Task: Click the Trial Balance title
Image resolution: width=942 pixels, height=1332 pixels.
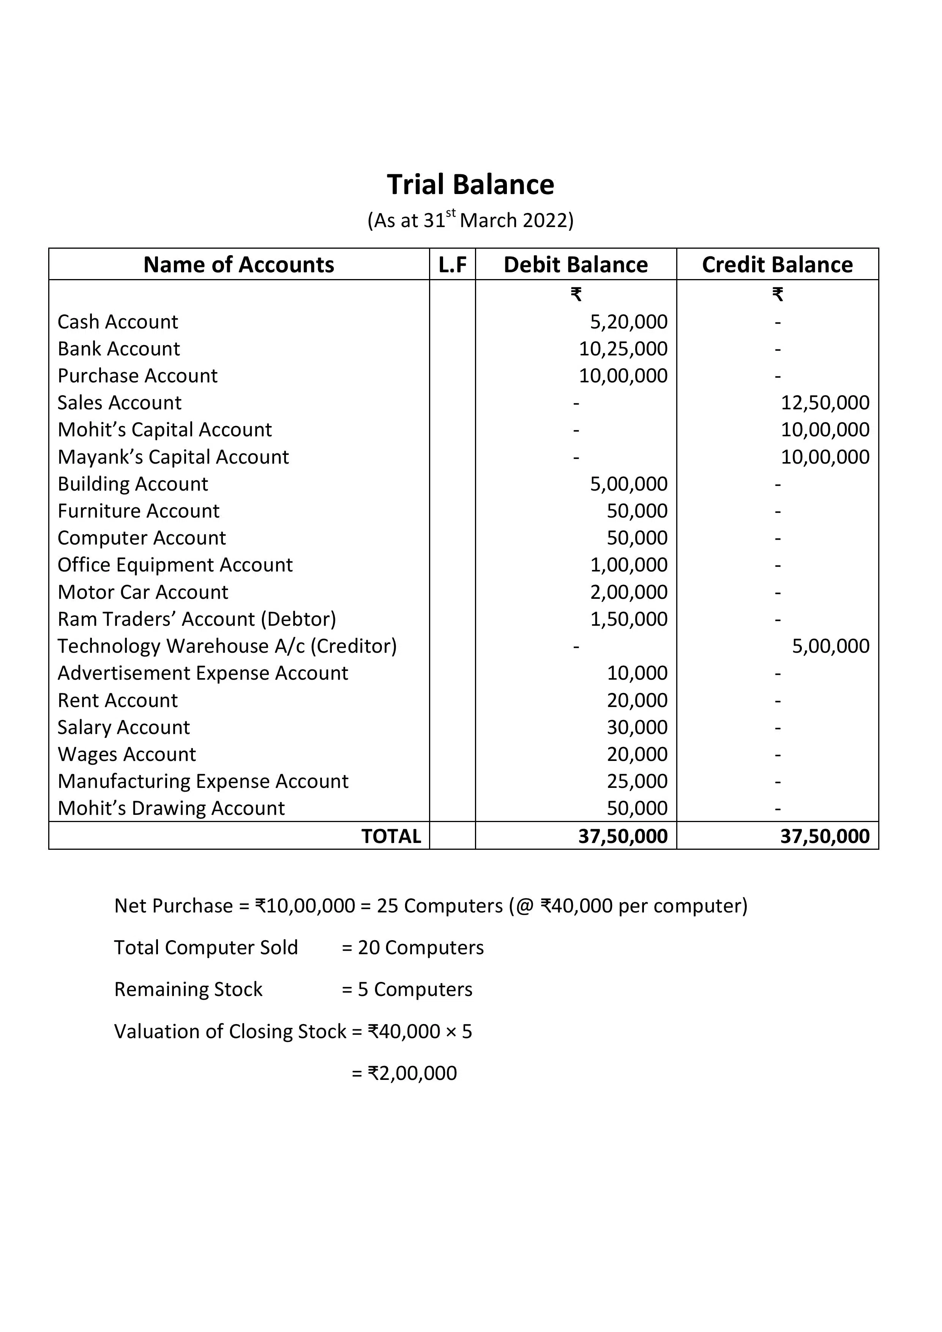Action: [x=470, y=185]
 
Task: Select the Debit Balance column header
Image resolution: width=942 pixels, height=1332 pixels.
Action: [x=575, y=265]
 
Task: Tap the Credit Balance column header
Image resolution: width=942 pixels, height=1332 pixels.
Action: [x=777, y=265]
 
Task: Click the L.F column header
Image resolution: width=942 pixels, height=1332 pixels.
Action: [x=453, y=265]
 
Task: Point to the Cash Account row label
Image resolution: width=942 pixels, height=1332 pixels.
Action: [x=118, y=321]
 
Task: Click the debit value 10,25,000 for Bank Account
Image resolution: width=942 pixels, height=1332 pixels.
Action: [x=623, y=349]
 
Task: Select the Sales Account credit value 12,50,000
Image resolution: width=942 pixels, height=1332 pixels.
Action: [x=825, y=402]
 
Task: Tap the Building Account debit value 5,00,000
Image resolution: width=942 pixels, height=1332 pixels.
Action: [x=629, y=484]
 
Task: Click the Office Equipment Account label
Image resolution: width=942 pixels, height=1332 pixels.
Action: [x=175, y=565]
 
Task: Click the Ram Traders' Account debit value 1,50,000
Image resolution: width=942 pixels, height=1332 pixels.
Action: [x=629, y=619]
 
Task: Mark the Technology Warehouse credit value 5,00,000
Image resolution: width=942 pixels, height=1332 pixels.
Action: [x=831, y=646]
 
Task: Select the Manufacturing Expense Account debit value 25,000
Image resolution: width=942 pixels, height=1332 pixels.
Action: [x=637, y=781]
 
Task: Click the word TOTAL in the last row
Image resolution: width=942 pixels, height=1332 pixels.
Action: [x=391, y=836]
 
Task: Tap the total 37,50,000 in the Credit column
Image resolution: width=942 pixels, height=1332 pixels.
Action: [x=825, y=836]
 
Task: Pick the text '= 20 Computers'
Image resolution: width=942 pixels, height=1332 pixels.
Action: [x=412, y=947]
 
